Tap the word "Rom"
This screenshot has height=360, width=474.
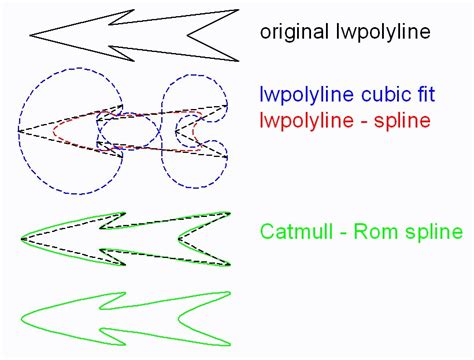pyautogui.click(x=371, y=232)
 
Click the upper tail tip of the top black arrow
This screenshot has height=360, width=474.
pyautogui.click(x=238, y=10)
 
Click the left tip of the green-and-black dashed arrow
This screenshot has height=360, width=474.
pyautogui.click(x=22, y=239)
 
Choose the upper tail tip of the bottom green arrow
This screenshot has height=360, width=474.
pyautogui.click(x=230, y=293)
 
